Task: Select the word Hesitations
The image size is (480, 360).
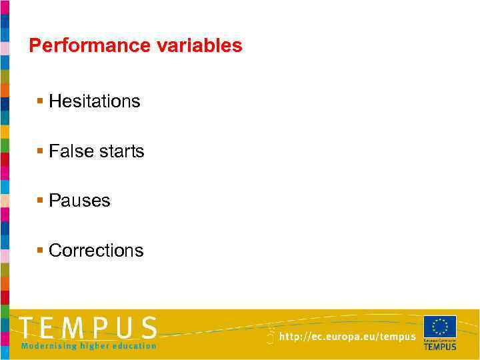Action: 95,101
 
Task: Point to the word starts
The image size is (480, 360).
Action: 121,151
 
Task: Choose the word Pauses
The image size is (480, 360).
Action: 79,201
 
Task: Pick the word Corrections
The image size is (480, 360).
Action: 96,251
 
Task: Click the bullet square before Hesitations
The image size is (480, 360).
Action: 41,101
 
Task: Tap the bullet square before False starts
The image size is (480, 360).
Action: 41,151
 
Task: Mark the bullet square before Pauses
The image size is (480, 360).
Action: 41,200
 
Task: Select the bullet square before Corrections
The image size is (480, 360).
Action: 41,250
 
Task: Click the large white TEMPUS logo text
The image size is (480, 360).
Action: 88,328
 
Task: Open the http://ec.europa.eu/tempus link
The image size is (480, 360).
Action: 347,337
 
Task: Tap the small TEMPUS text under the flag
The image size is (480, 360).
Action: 440,347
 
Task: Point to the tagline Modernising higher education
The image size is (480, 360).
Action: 89,346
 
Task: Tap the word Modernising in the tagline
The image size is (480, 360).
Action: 48,346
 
